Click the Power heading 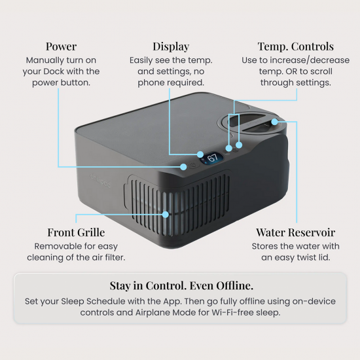[61, 46]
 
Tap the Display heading [171, 47]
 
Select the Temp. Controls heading [296, 47]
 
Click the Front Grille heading [76, 232]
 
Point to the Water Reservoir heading [296, 232]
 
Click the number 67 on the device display [212, 158]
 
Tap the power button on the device [193, 165]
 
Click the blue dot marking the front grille [166, 215]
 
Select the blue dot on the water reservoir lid [275, 122]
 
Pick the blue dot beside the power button [183, 167]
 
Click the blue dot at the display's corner [200, 154]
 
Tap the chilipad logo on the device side [100, 180]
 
